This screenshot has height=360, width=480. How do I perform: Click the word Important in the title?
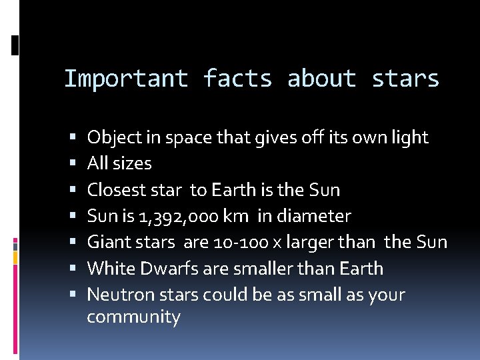[126, 79]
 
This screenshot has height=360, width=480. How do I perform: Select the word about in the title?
[322, 79]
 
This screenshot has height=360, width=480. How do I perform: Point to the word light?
[411, 137]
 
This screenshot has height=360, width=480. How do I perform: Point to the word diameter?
[319, 216]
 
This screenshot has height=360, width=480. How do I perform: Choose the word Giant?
[107, 243]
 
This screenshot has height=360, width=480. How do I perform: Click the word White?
[111, 269]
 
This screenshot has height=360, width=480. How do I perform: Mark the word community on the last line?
[133, 317]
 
